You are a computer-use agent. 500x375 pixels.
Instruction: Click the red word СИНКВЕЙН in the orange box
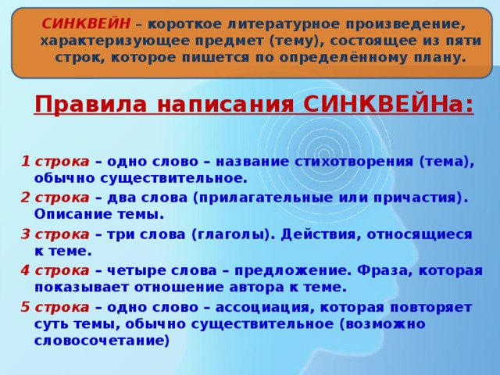(x=86, y=24)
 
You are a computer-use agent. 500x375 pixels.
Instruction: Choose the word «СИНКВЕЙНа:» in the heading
(x=388, y=104)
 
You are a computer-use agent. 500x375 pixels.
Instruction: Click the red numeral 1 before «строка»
(x=26, y=162)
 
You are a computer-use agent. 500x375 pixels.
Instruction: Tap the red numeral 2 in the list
(x=26, y=198)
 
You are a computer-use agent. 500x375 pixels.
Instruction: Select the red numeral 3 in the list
(x=26, y=234)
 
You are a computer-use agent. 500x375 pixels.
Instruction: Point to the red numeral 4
(x=26, y=271)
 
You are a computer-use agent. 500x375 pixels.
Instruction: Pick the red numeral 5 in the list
(x=26, y=307)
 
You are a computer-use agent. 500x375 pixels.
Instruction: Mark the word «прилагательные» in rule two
(x=262, y=198)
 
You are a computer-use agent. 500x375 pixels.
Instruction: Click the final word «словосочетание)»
(x=102, y=341)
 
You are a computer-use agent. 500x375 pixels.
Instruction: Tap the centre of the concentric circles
(x=324, y=153)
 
